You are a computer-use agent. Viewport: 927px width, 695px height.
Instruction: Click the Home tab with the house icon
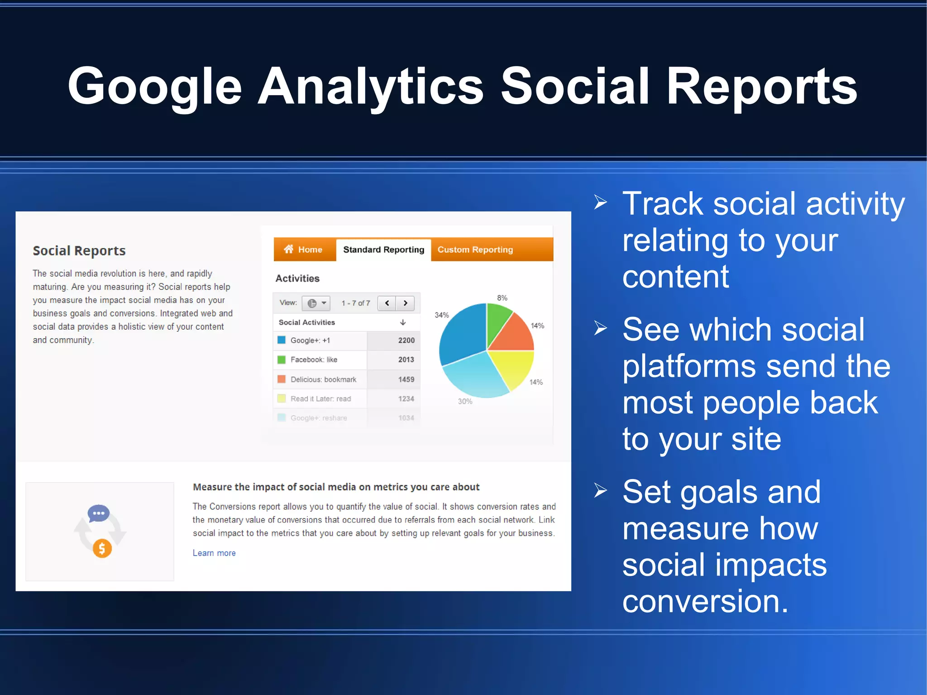click(304, 249)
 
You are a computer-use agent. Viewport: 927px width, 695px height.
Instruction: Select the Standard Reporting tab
click(383, 249)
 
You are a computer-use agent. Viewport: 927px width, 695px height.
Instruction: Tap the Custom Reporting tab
click(475, 249)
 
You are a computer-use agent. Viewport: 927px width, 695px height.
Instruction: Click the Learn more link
click(214, 553)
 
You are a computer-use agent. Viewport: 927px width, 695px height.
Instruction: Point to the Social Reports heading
click(79, 251)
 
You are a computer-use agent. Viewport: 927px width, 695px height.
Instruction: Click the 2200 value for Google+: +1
click(406, 340)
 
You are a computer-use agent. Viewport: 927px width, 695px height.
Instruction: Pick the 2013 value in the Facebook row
click(406, 359)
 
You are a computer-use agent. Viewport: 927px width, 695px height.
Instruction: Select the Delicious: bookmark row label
click(323, 379)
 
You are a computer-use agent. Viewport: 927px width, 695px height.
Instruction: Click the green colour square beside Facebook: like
click(282, 359)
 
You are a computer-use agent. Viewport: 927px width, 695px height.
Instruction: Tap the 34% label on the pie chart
click(442, 315)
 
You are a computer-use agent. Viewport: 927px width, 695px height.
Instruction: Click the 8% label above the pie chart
click(502, 298)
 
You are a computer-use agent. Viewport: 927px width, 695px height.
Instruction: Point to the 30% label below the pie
click(465, 402)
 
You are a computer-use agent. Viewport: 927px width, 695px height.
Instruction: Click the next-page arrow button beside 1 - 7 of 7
click(406, 303)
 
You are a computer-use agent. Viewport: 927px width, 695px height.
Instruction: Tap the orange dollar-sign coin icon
click(102, 549)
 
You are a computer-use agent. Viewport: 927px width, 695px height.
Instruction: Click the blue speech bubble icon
click(99, 513)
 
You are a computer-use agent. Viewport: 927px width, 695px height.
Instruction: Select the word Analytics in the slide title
click(371, 87)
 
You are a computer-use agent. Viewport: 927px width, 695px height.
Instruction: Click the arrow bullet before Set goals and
click(600, 490)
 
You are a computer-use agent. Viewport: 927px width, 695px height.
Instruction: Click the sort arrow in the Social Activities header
click(403, 322)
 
